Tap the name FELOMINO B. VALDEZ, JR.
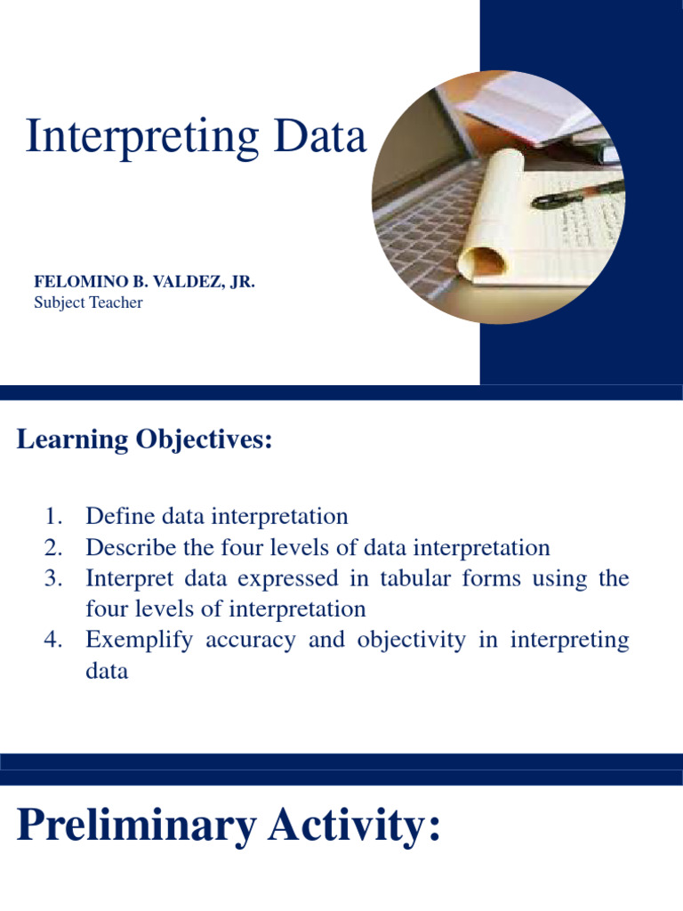coord(144,283)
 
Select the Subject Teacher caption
coord(88,302)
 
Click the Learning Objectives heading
coord(144,439)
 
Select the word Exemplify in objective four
coord(140,640)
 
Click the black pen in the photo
coord(576,193)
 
